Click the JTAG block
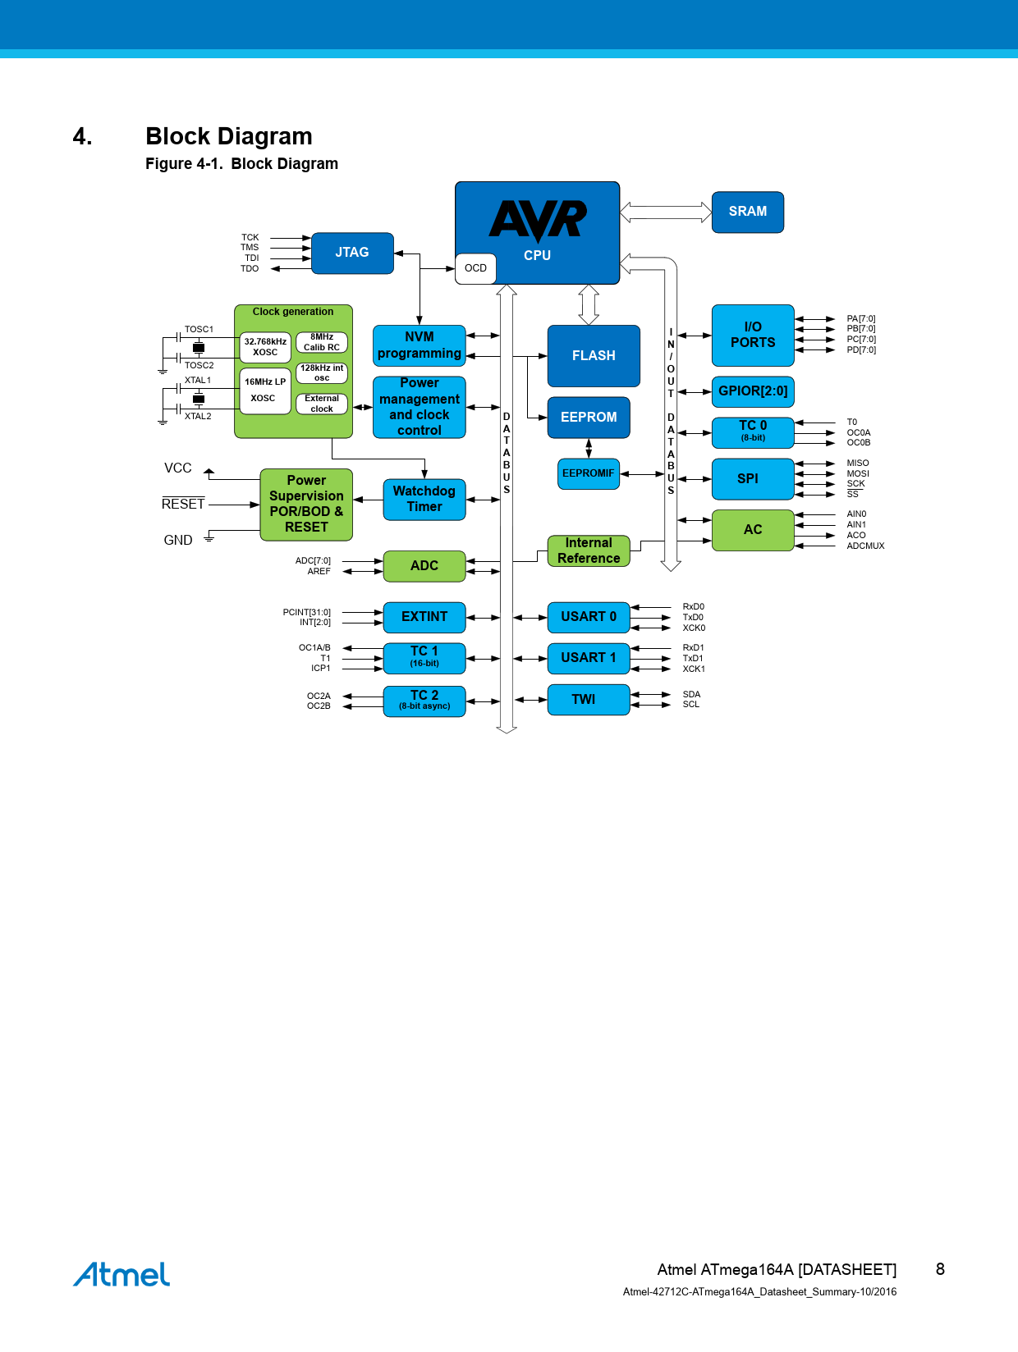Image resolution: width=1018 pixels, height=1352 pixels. (x=352, y=253)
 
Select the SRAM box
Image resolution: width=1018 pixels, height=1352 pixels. (x=747, y=212)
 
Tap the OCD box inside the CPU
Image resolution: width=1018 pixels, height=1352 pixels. (x=475, y=268)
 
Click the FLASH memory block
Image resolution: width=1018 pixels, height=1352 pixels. (x=594, y=356)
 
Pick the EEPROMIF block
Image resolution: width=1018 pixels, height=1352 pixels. (x=588, y=473)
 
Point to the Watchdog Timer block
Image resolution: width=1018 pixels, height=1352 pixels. (x=424, y=499)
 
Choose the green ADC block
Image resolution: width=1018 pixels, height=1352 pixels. (x=424, y=566)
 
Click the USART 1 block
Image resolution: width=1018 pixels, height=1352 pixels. (x=588, y=658)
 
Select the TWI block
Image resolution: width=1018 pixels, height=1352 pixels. (x=588, y=700)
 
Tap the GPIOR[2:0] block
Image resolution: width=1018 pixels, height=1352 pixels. (x=753, y=391)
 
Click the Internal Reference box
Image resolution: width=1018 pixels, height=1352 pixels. (x=589, y=550)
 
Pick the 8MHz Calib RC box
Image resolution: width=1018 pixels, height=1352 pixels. (x=322, y=342)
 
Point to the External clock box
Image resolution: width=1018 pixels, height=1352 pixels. (x=322, y=404)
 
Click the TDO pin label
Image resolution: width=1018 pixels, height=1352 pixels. (x=250, y=269)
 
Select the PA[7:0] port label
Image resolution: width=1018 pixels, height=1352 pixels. (x=861, y=319)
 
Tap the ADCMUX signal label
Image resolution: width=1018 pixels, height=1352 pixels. (x=865, y=546)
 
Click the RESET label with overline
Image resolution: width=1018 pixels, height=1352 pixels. (x=183, y=505)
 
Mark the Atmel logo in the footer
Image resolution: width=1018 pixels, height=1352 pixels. (x=122, y=1275)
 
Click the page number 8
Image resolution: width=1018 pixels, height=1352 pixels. (x=940, y=1269)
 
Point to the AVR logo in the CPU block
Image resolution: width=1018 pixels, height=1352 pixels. (x=538, y=220)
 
